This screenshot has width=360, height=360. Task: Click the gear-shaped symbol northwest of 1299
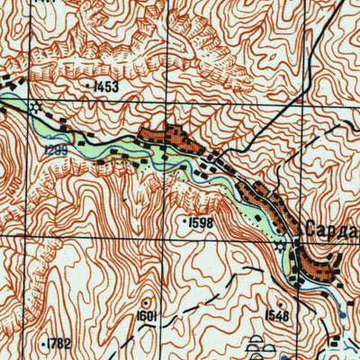coord(34,106)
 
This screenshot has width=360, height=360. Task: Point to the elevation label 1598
coord(201,220)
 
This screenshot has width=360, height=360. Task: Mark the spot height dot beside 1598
coord(184,220)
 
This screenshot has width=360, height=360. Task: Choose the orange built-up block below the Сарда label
coord(318,265)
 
